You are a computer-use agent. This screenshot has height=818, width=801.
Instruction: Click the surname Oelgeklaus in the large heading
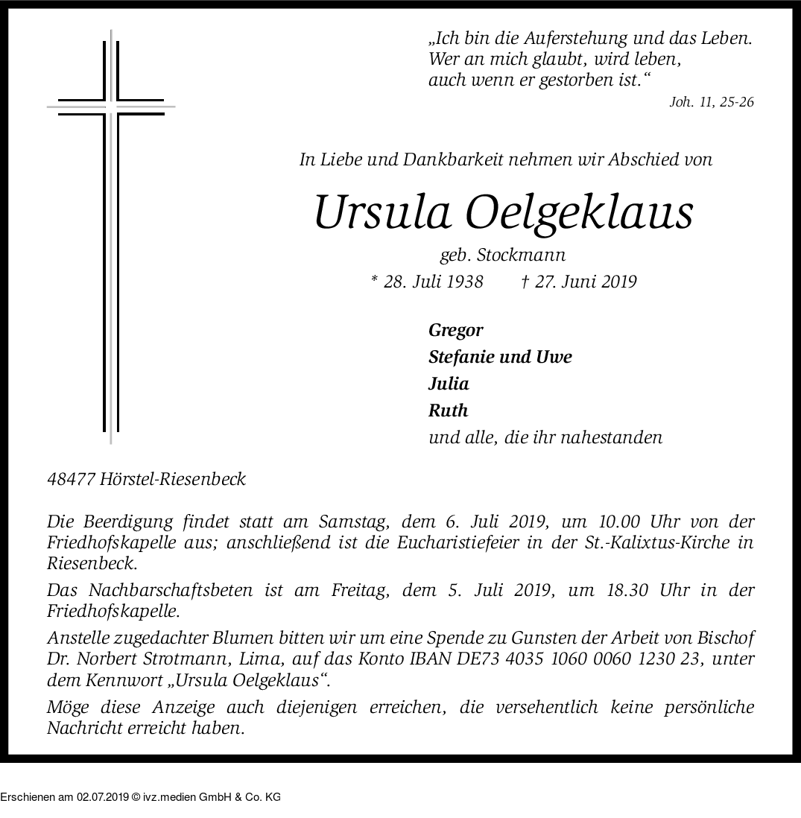point(579,212)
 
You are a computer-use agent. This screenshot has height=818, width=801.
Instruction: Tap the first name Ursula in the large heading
point(382,212)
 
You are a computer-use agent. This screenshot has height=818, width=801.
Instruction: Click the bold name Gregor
point(456,330)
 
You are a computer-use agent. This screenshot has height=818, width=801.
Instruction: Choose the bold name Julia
point(449,384)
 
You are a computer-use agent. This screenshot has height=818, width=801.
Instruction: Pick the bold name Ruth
point(448,410)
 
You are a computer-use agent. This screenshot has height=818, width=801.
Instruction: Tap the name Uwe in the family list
point(554,357)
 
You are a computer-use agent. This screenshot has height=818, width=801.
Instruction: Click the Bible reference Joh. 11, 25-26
point(712,102)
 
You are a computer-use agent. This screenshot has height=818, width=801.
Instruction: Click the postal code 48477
point(72,479)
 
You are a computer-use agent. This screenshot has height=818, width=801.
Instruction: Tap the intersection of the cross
point(111,107)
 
